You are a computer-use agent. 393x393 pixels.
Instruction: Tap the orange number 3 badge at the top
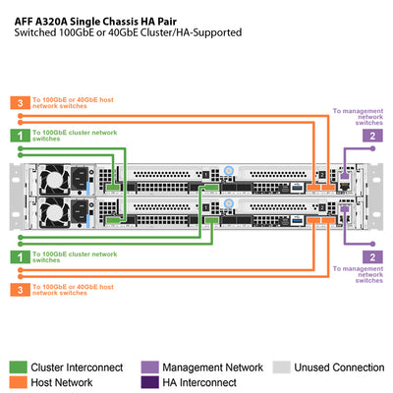[x=19, y=102]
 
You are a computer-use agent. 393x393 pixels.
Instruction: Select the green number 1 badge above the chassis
[x=19, y=135]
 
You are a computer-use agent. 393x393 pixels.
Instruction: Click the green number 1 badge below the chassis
[x=19, y=256]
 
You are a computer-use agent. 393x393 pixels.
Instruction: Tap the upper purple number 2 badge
[x=371, y=135]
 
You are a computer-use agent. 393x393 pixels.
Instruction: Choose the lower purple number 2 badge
[x=371, y=256]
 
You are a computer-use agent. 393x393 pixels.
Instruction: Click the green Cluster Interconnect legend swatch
[x=19, y=366]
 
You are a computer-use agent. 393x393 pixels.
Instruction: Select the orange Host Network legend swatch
[x=19, y=382]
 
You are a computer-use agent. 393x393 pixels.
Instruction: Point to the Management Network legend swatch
[x=149, y=366]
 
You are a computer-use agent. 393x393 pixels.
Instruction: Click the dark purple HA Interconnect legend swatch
[x=149, y=382]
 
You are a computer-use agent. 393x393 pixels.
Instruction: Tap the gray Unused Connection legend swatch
[x=281, y=366]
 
